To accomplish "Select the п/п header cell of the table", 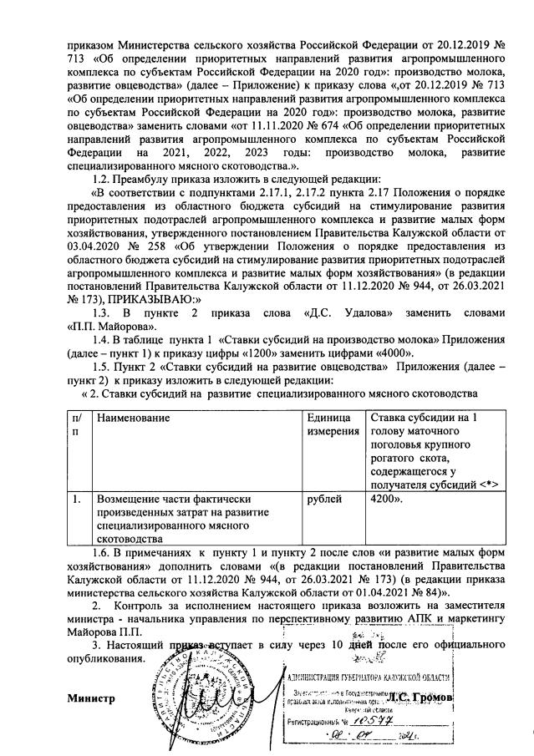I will pos(77,423).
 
